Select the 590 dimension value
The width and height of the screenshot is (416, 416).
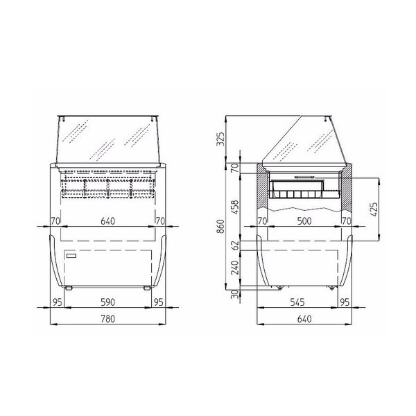107,302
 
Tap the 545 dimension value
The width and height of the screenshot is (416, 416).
298,302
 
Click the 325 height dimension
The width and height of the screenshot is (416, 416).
221,139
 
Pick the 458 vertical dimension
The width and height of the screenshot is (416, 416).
236,207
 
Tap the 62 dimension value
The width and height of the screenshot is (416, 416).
236,244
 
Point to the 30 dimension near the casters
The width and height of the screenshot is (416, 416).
236,294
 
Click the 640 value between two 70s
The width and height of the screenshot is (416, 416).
107,221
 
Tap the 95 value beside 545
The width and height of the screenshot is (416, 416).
345,302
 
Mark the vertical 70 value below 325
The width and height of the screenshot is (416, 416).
236,167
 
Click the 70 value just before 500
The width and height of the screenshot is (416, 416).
262,221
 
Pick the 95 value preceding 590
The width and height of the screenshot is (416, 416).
57,302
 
